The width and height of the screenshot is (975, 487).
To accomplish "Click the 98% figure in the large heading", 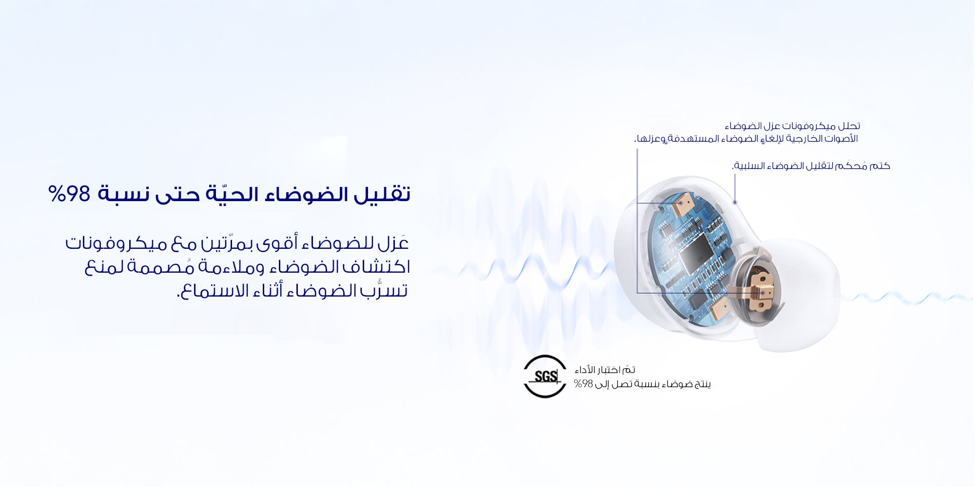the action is pos(69,194).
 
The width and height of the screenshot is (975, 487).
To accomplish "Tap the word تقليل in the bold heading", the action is pos(382,194).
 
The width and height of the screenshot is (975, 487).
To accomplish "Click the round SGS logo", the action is pos(545,376).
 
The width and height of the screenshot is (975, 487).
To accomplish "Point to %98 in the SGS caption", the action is pos(584,384).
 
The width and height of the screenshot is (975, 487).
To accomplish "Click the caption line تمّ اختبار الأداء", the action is pos(605,370).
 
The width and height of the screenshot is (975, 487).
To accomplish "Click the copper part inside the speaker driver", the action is pos(761,290).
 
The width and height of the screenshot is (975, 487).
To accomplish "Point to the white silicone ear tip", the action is pos(797,292).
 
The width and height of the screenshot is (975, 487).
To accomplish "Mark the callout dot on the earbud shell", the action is pos(735,202).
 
